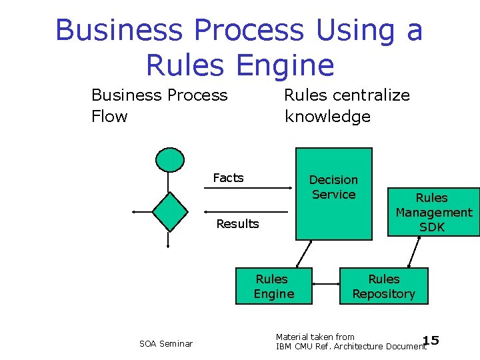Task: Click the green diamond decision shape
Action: (x=169, y=211)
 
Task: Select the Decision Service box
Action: (x=333, y=193)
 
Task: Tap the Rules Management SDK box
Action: (x=433, y=212)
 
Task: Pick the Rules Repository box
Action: (x=383, y=286)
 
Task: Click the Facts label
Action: (x=228, y=177)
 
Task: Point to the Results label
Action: (x=237, y=224)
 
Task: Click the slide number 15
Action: (x=431, y=341)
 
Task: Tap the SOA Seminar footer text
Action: (x=166, y=343)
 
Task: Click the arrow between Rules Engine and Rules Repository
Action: (x=327, y=284)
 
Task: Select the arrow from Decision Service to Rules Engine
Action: (x=304, y=253)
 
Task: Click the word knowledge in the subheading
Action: (x=327, y=117)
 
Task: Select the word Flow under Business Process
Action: (x=109, y=117)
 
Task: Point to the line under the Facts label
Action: (x=247, y=189)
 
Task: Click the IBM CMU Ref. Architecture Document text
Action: (x=351, y=346)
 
